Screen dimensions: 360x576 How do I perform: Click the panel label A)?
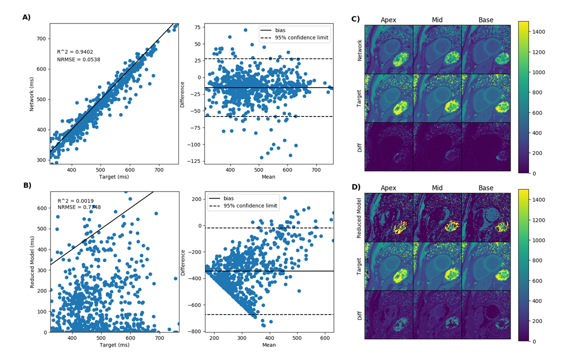26,17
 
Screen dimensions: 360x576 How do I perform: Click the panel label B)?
27,185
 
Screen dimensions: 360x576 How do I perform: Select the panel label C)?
355,19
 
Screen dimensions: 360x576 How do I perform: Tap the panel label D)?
356,187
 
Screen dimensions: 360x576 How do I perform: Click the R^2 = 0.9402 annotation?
73,51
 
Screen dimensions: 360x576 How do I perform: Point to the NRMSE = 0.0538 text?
78,59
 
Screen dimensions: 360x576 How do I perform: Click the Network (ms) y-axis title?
32,92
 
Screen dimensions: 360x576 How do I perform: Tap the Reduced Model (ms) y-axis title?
32,262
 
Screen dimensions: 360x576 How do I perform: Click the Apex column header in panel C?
388,20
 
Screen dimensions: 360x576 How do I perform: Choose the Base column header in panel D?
485,188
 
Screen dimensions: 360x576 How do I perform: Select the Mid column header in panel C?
437,20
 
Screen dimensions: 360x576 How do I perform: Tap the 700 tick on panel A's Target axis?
158,169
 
